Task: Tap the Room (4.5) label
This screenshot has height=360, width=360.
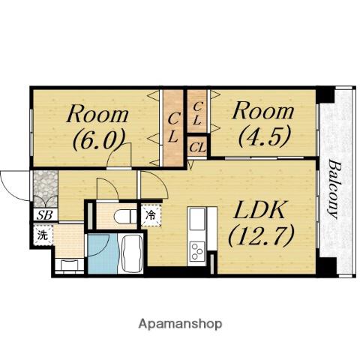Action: (x=263, y=124)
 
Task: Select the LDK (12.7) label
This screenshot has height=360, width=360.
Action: (x=260, y=223)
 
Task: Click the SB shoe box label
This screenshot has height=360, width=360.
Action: (x=45, y=215)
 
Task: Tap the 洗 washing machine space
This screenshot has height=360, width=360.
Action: (x=43, y=235)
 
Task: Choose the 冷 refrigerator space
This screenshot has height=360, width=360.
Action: (x=151, y=215)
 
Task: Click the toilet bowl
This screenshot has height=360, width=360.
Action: (x=124, y=216)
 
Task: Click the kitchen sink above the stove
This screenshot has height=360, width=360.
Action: (x=197, y=219)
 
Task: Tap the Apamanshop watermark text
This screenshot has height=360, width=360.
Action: (x=180, y=324)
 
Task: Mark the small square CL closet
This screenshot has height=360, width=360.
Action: (x=197, y=147)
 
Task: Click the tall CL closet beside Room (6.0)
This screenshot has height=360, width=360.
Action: (x=173, y=127)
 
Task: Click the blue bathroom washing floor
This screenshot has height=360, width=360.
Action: (x=103, y=253)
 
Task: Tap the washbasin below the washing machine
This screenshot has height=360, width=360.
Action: (x=69, y=265)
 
